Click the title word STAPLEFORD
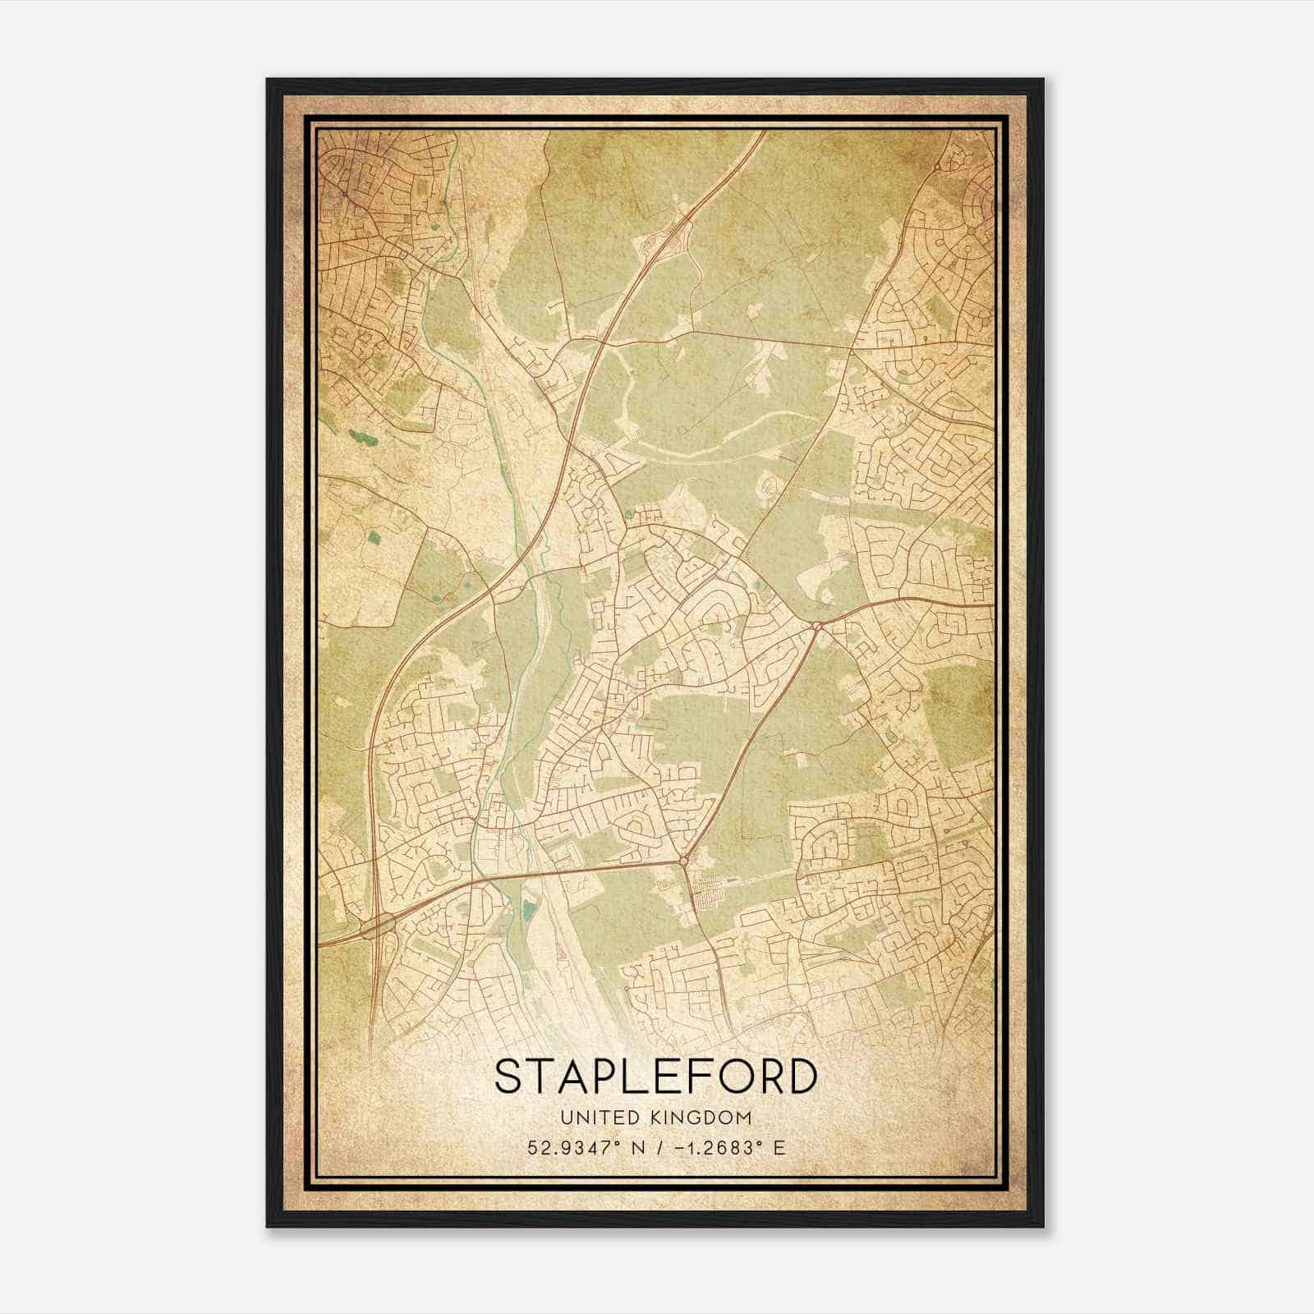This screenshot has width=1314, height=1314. click(656, 1077)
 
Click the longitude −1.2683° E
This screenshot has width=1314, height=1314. click(730, 1147)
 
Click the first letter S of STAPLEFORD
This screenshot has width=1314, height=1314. click(508, 1077)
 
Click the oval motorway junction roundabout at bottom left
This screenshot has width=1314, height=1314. click(376, 926)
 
